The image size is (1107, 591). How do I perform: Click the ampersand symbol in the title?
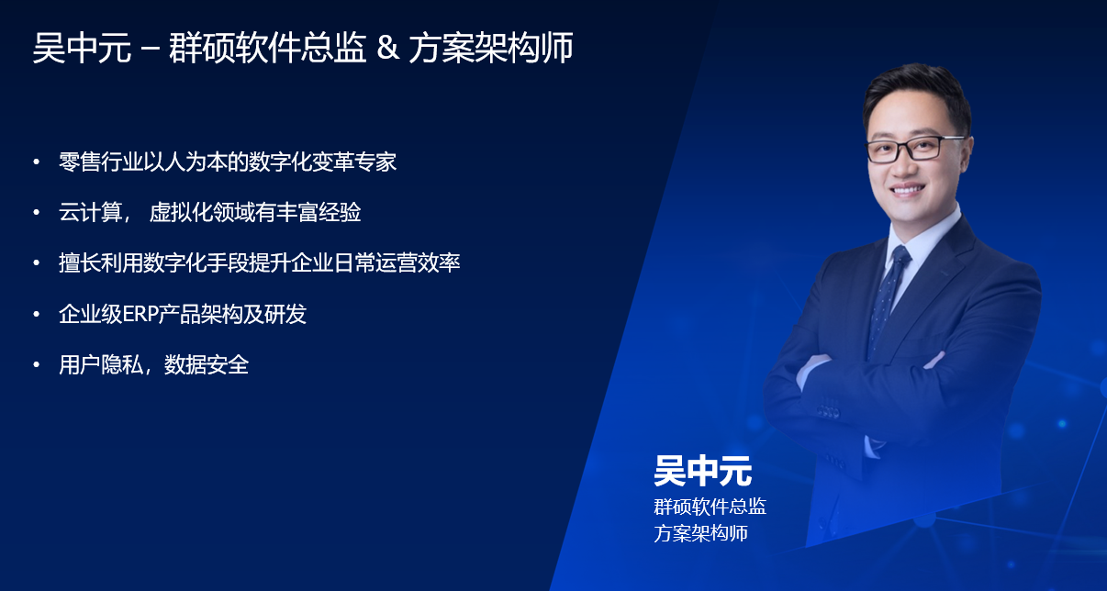(x=387, y=49)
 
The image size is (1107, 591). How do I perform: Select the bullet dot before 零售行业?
(x=37, y=162)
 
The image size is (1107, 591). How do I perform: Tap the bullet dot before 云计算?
(x=37, y=213)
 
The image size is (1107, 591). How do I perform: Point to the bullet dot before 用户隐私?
(x=37, y=365)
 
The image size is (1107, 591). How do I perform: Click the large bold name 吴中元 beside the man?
(x=702, y=471)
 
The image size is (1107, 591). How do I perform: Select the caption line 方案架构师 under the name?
(x=700, y=533)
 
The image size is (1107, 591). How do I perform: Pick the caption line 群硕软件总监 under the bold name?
(x=710, y=507)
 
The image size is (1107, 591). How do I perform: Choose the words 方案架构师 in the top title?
(x=491, y=49)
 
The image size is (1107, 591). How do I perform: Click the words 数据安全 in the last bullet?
(x=207, y=365)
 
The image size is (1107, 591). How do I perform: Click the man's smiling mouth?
(x=909, y=190)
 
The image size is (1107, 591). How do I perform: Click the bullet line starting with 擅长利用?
(x=259, y=263)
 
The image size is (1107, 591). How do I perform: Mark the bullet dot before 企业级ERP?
(x=37, y=315)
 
